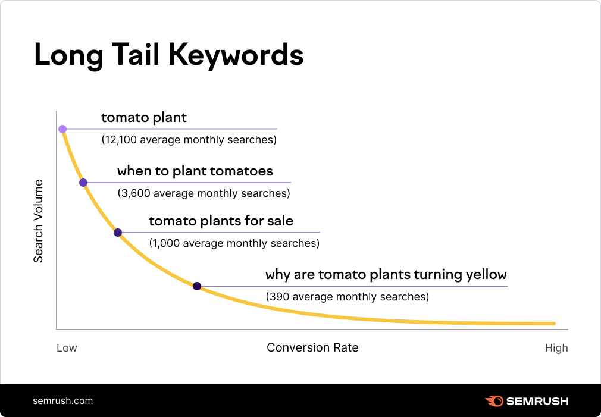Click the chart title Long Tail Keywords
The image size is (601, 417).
168,55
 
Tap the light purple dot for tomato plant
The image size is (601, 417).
62,129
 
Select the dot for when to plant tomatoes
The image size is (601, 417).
83,183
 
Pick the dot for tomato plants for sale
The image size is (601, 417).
118,233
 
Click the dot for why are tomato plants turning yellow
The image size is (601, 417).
197,286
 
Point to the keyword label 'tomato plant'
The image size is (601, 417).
144,118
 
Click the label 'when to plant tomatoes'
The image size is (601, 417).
195,171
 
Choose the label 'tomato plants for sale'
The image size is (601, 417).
221,221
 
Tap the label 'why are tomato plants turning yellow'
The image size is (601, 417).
386,275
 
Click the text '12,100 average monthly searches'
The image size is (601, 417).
189,140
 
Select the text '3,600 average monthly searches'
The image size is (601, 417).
204,193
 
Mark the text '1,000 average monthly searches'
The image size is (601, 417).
234,243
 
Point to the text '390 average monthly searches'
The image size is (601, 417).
347,296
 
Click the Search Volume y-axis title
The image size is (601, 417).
38,221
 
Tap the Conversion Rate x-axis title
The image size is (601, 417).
312,347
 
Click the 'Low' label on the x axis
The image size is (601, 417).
67,348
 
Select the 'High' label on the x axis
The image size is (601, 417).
556,348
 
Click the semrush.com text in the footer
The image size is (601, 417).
62,400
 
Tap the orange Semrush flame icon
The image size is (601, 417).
493,401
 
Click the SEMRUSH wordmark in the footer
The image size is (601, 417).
537,401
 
